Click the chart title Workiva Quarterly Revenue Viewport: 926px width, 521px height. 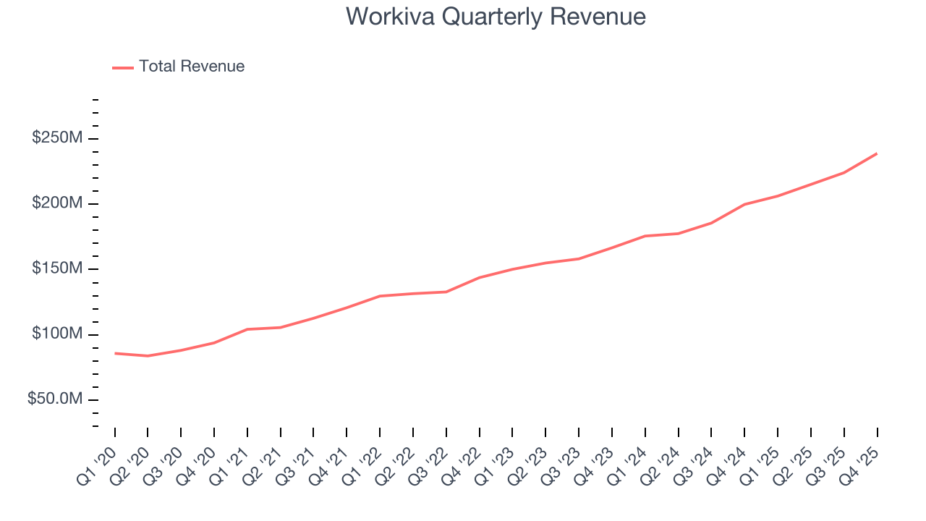tap(496, 16)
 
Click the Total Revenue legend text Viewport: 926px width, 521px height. tap(192, 67)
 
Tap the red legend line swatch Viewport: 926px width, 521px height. tap(123, 67)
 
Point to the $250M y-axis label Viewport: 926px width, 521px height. tap(56, 138)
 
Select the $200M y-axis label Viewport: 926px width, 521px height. tap(56, 203)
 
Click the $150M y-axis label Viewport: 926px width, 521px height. tap(56, 269)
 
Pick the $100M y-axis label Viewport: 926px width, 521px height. tap(56, 334)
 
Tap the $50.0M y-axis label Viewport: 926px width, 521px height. tap(54, 399)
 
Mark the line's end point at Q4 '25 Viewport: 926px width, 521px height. tap(877, 153)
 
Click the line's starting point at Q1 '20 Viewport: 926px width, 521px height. tap(115, 353)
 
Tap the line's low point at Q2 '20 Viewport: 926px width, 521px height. tap(148, 356)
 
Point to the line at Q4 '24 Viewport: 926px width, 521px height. tap(744, 204)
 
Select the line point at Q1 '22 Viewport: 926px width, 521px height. tap(380, 296)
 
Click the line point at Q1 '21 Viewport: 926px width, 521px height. tap(247, 329)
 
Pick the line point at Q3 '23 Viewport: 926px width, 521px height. tap(579, 258)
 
